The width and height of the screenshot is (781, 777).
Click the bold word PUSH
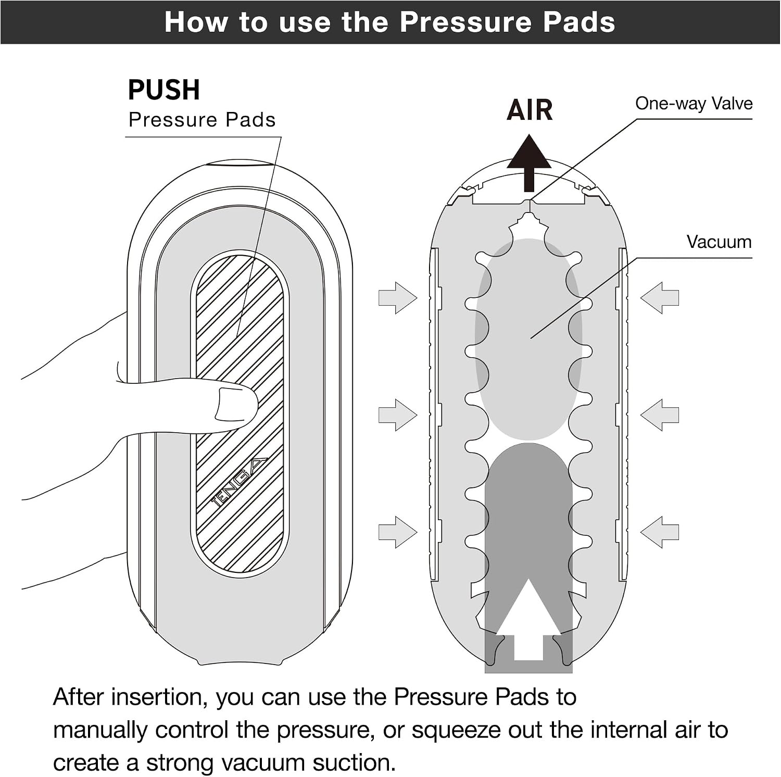tap(163, 90)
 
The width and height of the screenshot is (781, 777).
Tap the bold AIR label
tap(530, 110)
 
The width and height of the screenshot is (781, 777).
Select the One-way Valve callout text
tap(694, 104)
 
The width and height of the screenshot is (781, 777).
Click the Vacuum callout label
tap(719, 242)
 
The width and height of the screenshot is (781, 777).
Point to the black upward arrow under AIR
tap(529, 163)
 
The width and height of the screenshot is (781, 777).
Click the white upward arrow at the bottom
tap(528, 620)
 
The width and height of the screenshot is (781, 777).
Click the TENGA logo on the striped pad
tap(239, 483)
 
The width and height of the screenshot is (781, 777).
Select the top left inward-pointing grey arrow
tap(398, 298)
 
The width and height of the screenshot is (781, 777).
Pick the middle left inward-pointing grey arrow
tap(398, 415)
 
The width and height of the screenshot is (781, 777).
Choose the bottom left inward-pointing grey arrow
tap(398, 532)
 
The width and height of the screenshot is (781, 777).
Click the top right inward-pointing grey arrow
tap(660, 298)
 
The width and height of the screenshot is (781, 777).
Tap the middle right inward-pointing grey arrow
tap(660, 415)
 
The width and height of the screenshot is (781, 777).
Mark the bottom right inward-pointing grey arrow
tap(660, 532)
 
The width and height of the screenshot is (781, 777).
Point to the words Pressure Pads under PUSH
tap(202, 120)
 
